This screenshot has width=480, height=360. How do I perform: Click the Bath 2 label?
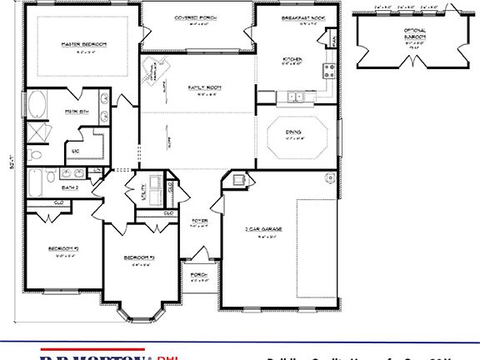71,187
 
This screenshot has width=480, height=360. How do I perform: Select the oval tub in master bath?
39,107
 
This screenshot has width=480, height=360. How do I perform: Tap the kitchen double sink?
295,97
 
